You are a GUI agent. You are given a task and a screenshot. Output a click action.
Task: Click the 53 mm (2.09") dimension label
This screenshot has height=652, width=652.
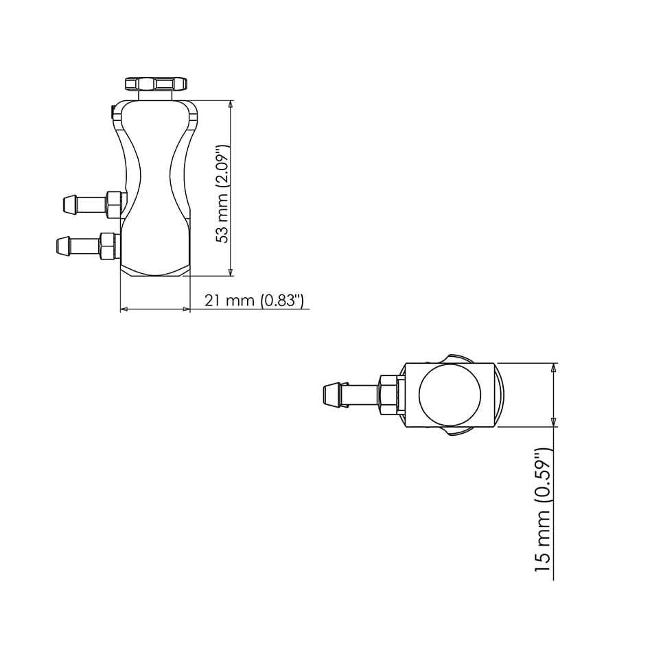(x=222, y=194)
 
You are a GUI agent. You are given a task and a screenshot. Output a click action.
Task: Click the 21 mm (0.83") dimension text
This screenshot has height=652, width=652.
(x=253, y=301)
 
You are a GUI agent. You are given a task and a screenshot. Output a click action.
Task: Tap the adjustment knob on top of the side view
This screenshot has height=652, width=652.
(x=155, y=84)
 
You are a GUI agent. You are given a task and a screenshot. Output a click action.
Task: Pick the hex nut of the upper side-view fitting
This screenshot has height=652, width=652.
(x=114, y=205)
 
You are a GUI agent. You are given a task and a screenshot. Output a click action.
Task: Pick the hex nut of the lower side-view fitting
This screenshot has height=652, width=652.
(x=108, y=246)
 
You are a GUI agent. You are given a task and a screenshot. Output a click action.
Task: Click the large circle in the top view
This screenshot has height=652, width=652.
(x=450, y=395)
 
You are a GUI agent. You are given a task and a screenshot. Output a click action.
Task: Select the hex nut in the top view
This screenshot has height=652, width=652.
(x=388, y=395)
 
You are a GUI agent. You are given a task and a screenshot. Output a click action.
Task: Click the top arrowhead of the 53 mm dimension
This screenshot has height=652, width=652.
(x=231, y=105)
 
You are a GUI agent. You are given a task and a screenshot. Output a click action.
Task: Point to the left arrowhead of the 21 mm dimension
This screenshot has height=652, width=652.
(x=124, y=310)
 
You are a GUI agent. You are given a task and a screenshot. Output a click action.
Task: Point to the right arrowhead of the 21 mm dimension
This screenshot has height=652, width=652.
(x=186, y=310)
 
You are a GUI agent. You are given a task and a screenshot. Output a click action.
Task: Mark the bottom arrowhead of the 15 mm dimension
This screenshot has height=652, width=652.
(x=553, y=422)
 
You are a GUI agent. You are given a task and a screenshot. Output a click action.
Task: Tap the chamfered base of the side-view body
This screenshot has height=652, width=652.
(x=155, y=270)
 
